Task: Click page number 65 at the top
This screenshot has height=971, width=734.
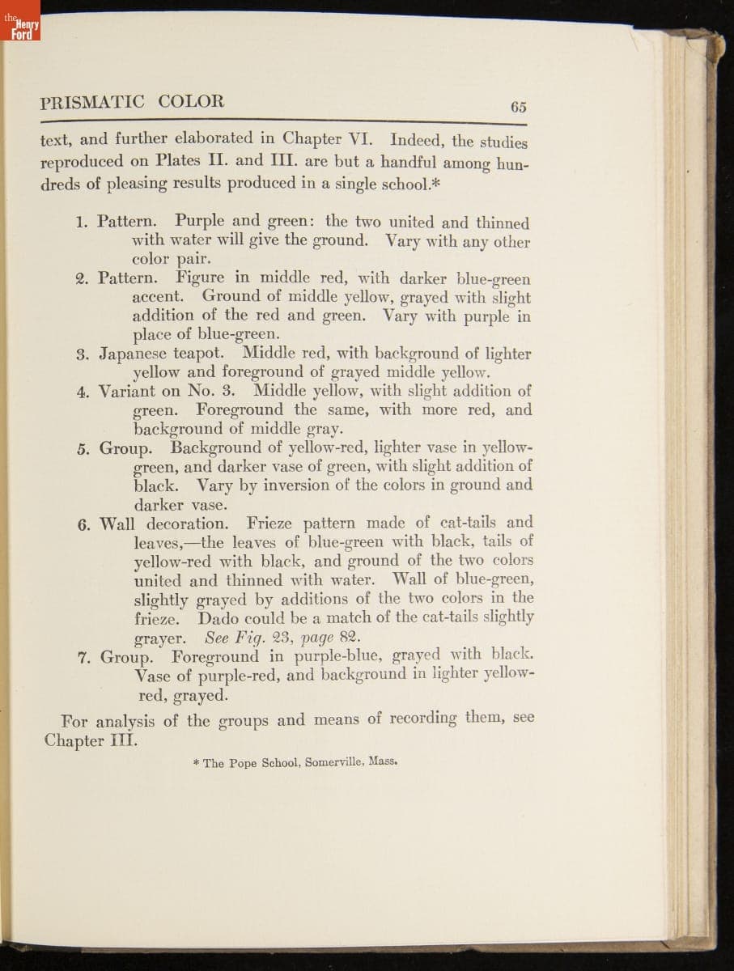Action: [x=519, y=107]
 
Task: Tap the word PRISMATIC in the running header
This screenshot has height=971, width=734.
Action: [x=92, y=102]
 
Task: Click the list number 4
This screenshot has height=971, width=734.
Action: [x=82, y=392]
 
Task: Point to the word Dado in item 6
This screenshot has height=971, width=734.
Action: [x=218, y=617]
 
